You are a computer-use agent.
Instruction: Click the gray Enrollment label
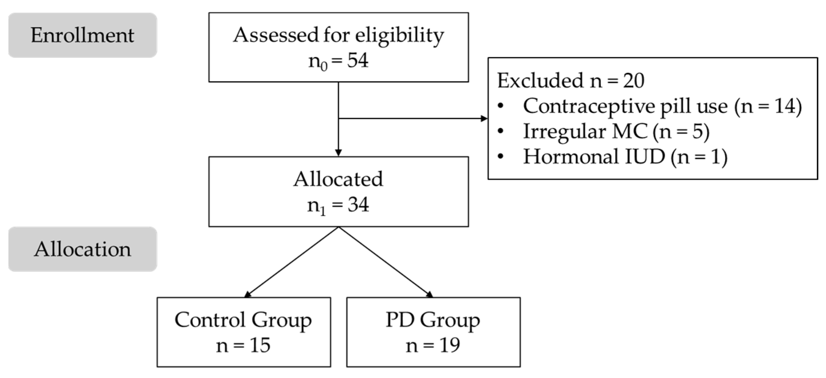pyautogui.click(x=82, y=35)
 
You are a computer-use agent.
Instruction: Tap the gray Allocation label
pyautogui.click(x=82, y=249)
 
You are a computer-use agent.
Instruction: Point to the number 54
pyautogui.click(x=358, y=61)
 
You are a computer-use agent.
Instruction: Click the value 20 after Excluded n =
pyautogui.click(x=633, y=80)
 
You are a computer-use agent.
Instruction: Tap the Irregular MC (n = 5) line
pyautogui.click(x=616, y=132)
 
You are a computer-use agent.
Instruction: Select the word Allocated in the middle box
pyautogui.click(x=338, y=179)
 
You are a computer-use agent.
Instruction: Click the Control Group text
pyautogui.click(x=243, y=320)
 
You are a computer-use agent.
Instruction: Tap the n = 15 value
pyautogui.click(x=243, y=345)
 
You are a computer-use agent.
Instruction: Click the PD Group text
pyautogui.click(x=433, y=320)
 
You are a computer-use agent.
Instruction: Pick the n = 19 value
pyautogui.click(x=433, y=345)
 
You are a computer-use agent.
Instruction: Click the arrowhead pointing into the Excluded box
pyautogui.click(x=484, y=119)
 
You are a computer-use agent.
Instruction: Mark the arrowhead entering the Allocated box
pyautogui.click(x=338, y=153)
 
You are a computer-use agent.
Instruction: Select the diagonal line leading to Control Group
pyautogui.click(x=292, y=262)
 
